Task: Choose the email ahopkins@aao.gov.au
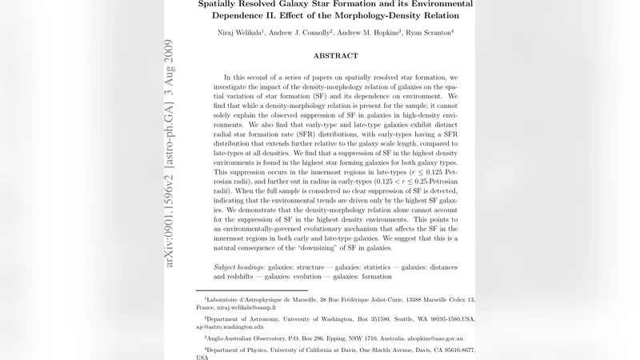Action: pos(438,338)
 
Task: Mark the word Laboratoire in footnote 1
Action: pos(226,299)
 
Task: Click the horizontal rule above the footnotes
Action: pos(252,290)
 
